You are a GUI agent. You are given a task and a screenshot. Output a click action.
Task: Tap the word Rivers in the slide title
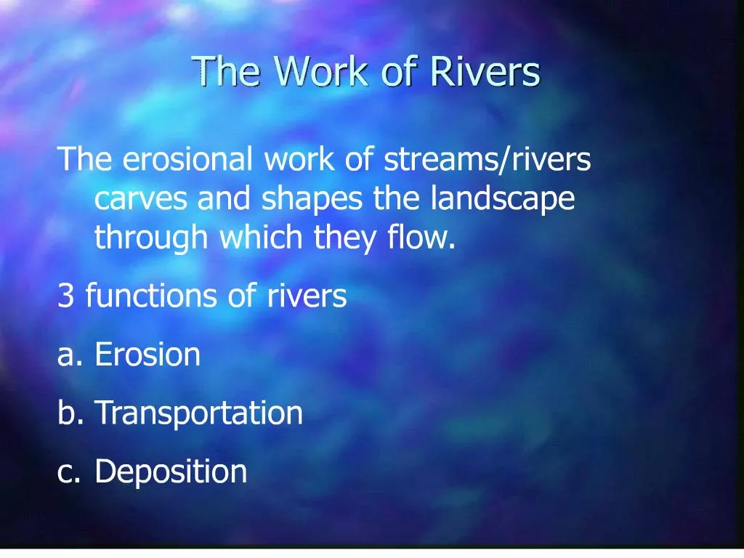pyautogui.click(x=485, y=72)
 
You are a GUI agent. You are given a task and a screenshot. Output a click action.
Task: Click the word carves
pyautogui.click(x=141, y=198)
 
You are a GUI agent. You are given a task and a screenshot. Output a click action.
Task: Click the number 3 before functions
pyautogui.click(x=65, y=296)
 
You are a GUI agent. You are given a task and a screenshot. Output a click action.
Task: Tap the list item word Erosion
pyautogui.click(x=147, y=355)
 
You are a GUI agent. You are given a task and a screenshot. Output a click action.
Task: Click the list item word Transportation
pyautogui.click(x=198, y=413)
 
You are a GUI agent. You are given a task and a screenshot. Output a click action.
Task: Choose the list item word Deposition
pyautogui.click(x=171, y=472)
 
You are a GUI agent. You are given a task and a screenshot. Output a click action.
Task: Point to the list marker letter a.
pyautogui.click(x=67, y=356)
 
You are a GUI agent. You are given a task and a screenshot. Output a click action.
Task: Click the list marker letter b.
pyautogui.click(x=67, y=413)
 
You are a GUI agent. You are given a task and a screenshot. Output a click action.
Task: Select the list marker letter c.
pyautogui.click(x=66, y=472)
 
